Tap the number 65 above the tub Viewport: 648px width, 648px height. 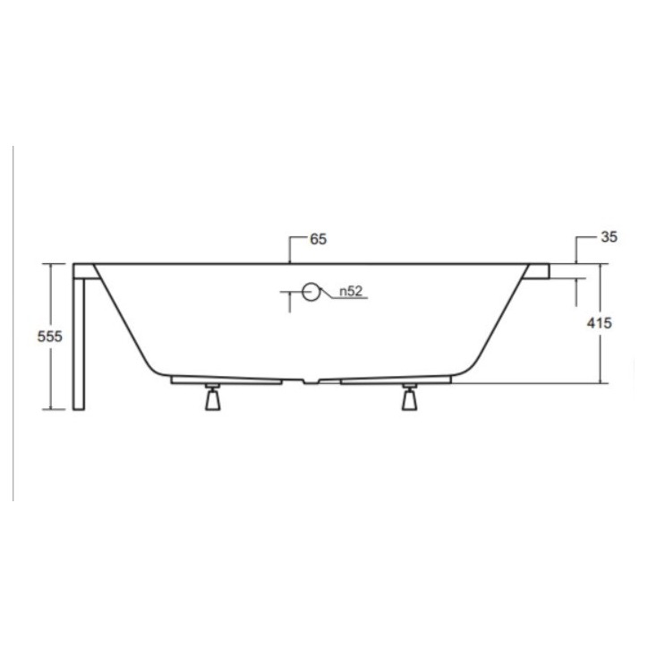(x=318, y=239)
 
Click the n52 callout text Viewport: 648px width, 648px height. (x=351, y=292)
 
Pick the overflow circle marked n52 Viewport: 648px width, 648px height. (x=311, y=292)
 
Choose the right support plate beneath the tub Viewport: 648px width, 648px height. (x=394, y=379)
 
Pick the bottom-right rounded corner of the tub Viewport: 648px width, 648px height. (x=471, y=368)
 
